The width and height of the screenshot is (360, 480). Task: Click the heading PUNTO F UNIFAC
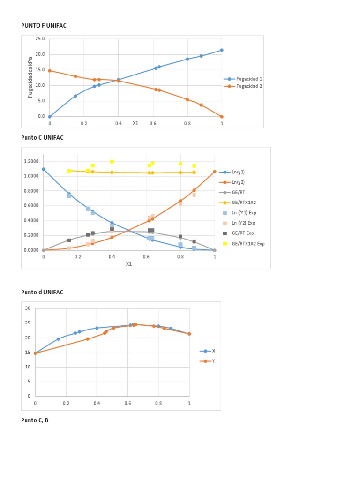point(44,26)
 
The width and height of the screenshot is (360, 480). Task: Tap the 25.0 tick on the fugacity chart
point(40,39)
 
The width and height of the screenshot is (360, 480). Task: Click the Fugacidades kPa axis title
point(31,77)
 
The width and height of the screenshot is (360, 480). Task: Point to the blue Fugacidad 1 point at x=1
point(222,50)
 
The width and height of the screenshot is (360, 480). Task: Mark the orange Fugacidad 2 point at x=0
point(50,71)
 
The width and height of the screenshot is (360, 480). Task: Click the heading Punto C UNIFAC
point(42,137)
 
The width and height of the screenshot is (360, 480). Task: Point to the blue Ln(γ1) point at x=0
point(44,169)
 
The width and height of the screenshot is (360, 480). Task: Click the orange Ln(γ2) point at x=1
point(215,172)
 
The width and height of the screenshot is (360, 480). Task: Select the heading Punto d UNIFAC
point(42,292)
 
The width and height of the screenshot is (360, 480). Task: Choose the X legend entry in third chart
point(214,351)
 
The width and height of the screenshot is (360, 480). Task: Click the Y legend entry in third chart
point(214,361)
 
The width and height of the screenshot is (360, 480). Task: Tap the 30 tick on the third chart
point(28,308)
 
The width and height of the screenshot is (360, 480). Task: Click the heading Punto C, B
point(35,420)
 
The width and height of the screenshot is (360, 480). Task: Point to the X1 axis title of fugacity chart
point(135,123)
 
